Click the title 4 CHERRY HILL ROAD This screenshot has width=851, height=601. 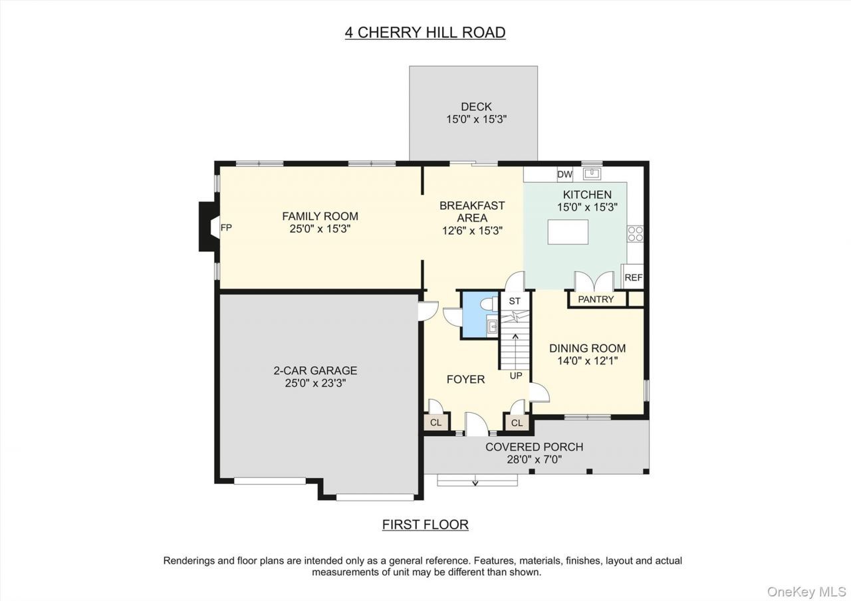425,33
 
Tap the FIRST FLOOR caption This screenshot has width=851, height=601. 425,525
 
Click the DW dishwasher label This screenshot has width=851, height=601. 564,174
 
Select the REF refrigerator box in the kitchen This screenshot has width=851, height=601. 634,277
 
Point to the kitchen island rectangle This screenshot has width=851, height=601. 568,232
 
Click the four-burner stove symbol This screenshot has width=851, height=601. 635,233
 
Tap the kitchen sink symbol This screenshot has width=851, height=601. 592,174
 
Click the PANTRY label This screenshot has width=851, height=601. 596,299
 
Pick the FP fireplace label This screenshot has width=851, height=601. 226,227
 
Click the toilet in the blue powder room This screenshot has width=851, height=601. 489,304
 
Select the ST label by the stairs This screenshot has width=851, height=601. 515,301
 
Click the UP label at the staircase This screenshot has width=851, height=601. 515,376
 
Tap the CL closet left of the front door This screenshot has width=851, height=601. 435,422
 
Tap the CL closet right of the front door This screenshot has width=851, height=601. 517,422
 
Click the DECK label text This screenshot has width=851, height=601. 476,106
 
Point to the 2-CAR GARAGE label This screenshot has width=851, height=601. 315,370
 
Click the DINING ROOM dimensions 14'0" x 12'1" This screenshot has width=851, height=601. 587,360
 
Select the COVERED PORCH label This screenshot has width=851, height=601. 534,447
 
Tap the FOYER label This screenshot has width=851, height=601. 466,379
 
